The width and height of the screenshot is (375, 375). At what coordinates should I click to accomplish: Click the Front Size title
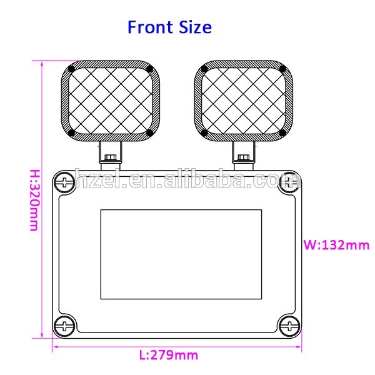(x=169, y=27)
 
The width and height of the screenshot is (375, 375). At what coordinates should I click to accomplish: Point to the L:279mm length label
(x=168, y=355)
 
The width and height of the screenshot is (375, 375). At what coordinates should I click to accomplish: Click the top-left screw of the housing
(x=64, y=182)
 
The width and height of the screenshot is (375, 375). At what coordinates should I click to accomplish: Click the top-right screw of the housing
(x=288, y=182)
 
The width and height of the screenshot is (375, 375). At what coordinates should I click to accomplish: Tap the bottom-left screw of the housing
(x=64, y=324)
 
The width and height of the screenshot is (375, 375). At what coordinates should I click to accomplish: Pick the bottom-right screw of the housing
(x=288, y=324)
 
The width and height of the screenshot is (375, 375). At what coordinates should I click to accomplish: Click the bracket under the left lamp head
(x=111, y=154)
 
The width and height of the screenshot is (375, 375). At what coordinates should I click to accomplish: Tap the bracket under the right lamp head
(x=243, y=154)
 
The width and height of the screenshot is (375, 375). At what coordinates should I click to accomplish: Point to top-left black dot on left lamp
(x=72, y=69)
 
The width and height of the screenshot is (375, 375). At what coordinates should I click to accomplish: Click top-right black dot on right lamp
(x=282, y=69)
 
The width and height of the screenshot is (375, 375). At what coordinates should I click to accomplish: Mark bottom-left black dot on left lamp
(x=72, y=132)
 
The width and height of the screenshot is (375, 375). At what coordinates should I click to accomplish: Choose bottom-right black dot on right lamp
(x=282, y=132)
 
